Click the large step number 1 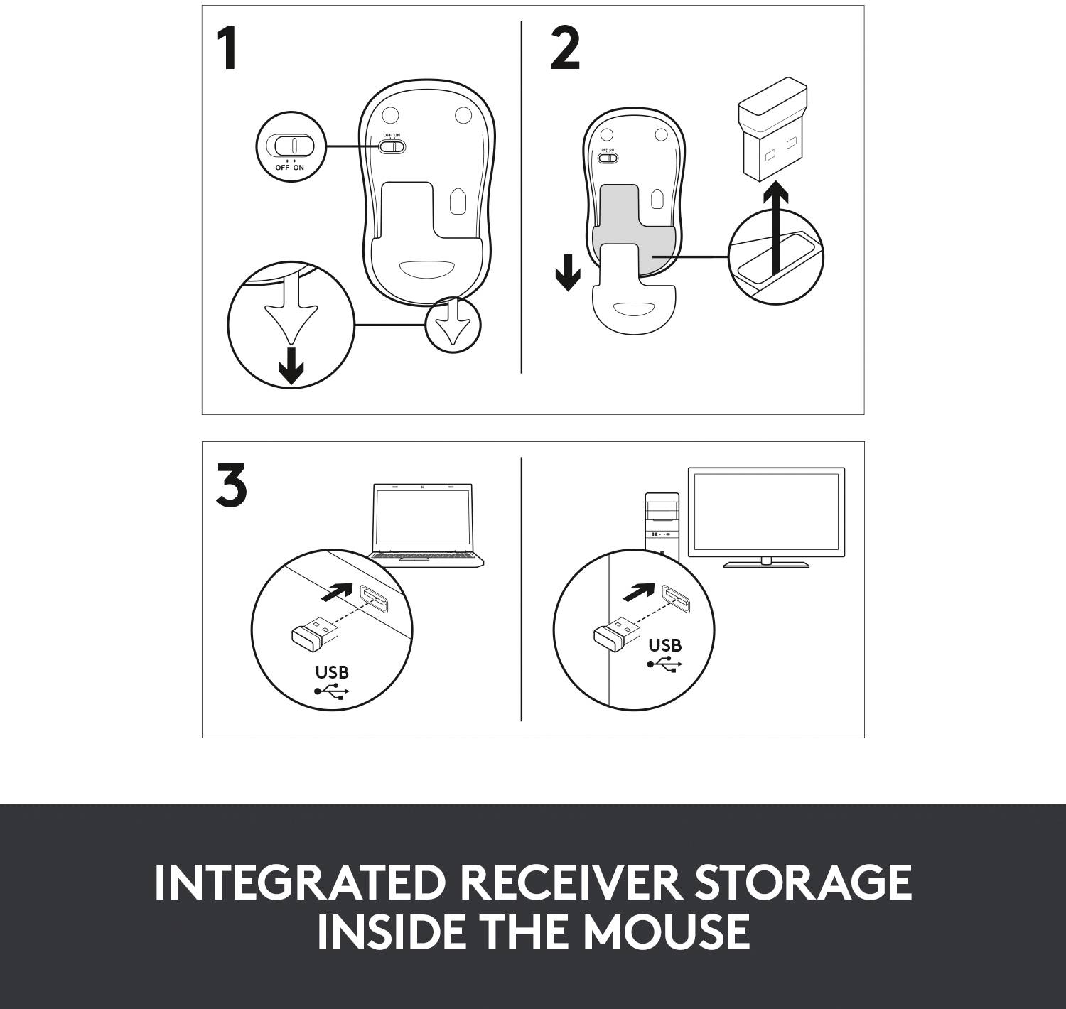pos(228,50)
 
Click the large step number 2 pos(565,50)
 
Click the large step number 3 pos(232,487)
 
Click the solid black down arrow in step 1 pos(291,366)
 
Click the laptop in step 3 pos(424,526)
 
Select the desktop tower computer pos(661,526)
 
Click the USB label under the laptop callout pos(332,671)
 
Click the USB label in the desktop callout pos(664,645)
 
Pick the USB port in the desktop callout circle pos(677,600)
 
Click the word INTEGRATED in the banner pos(299,883)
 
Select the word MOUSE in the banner pos(667,932)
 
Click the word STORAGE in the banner pos(803,883)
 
